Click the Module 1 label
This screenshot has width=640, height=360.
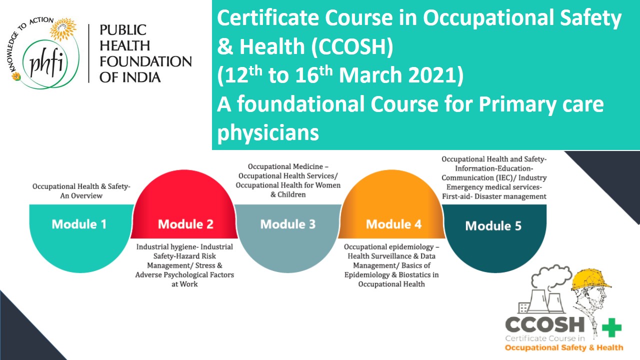pos(79,224)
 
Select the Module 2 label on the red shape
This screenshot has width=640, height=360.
pos(185,224)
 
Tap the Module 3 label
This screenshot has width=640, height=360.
pos(288,224)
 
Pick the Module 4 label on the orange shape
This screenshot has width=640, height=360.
pos(393,224)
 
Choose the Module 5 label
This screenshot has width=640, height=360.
pos(493,226)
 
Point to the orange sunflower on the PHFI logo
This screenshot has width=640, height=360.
pos(63,29)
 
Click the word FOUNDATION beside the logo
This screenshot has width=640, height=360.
pos(145,61)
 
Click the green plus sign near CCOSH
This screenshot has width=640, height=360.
pos(611,327)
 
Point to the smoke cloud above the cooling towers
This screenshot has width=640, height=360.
pos(551,275)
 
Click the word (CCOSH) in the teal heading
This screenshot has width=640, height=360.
pos(352,46)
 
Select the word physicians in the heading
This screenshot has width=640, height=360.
pos(268,133)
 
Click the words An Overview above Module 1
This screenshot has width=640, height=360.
pos(81,195)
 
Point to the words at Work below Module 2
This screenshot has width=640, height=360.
pos(184,284)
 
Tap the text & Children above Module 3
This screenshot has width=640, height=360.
pos(288,194)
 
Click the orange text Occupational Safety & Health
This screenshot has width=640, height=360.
pos(564,347)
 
